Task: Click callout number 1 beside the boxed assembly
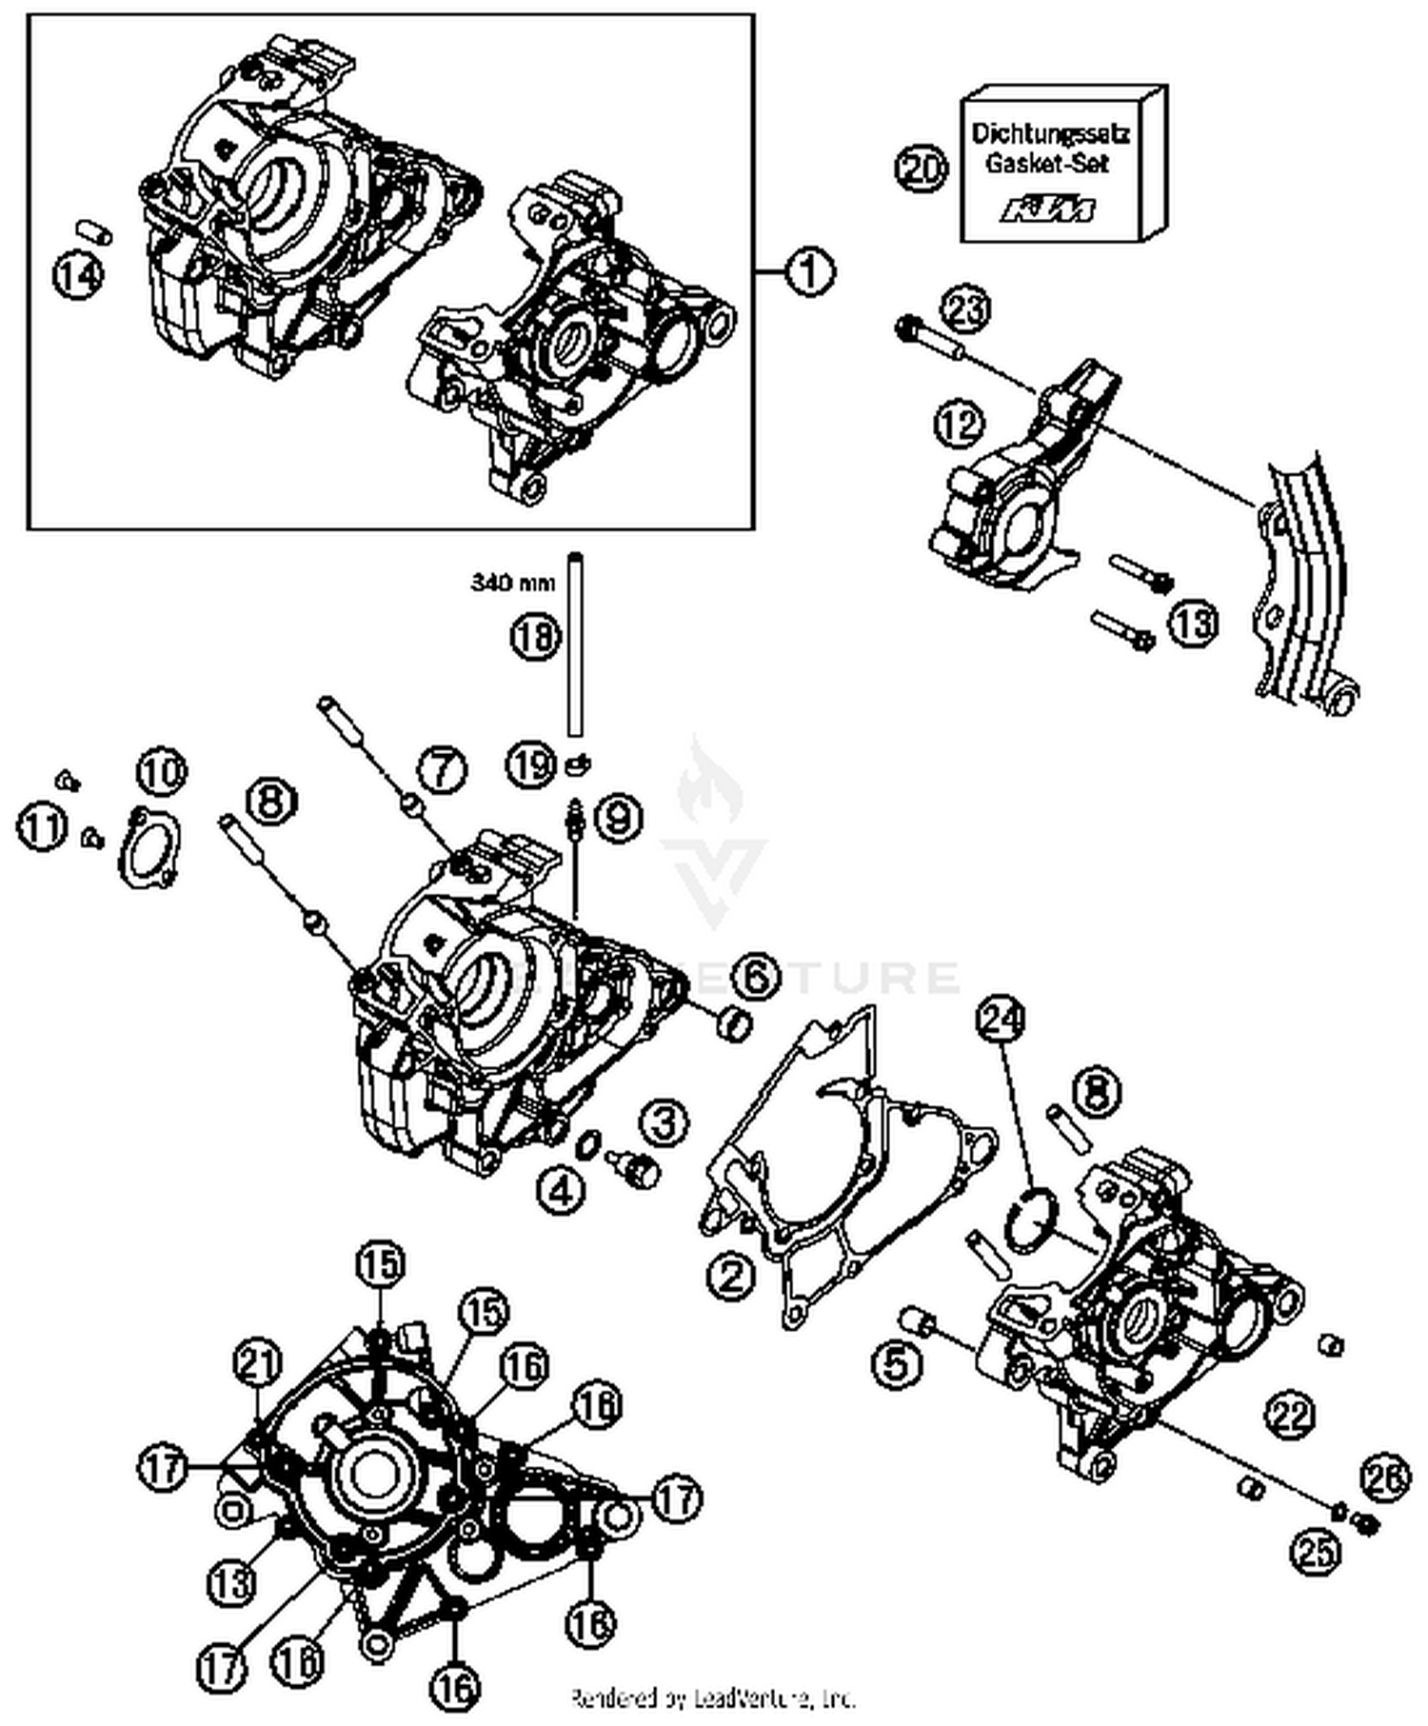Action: coord(809,273)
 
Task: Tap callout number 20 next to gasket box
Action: coord(922,170)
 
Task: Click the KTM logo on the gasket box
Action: coord(1047,208)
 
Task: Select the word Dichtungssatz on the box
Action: coord(1049,134)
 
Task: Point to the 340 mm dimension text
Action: coord(512,581)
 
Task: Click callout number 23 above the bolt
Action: coord(967,311)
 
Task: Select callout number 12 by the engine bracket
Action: coord(959,422)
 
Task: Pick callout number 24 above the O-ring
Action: coord(1003,1021)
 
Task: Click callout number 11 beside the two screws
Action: coord(43,826)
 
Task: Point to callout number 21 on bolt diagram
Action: coord(260,1364)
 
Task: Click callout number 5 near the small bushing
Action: coord(899,1362)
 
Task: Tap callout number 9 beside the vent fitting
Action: coord(619,817)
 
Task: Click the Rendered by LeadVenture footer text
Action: coord(712,1697)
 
